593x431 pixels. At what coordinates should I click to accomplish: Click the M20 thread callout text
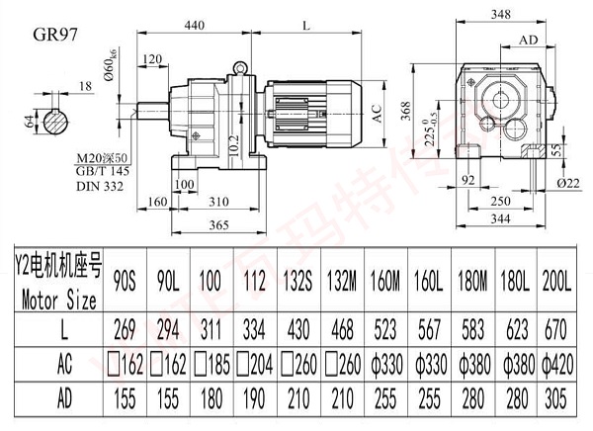[x=102, y=158]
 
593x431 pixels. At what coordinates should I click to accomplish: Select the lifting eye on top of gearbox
[x=237, y=68]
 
